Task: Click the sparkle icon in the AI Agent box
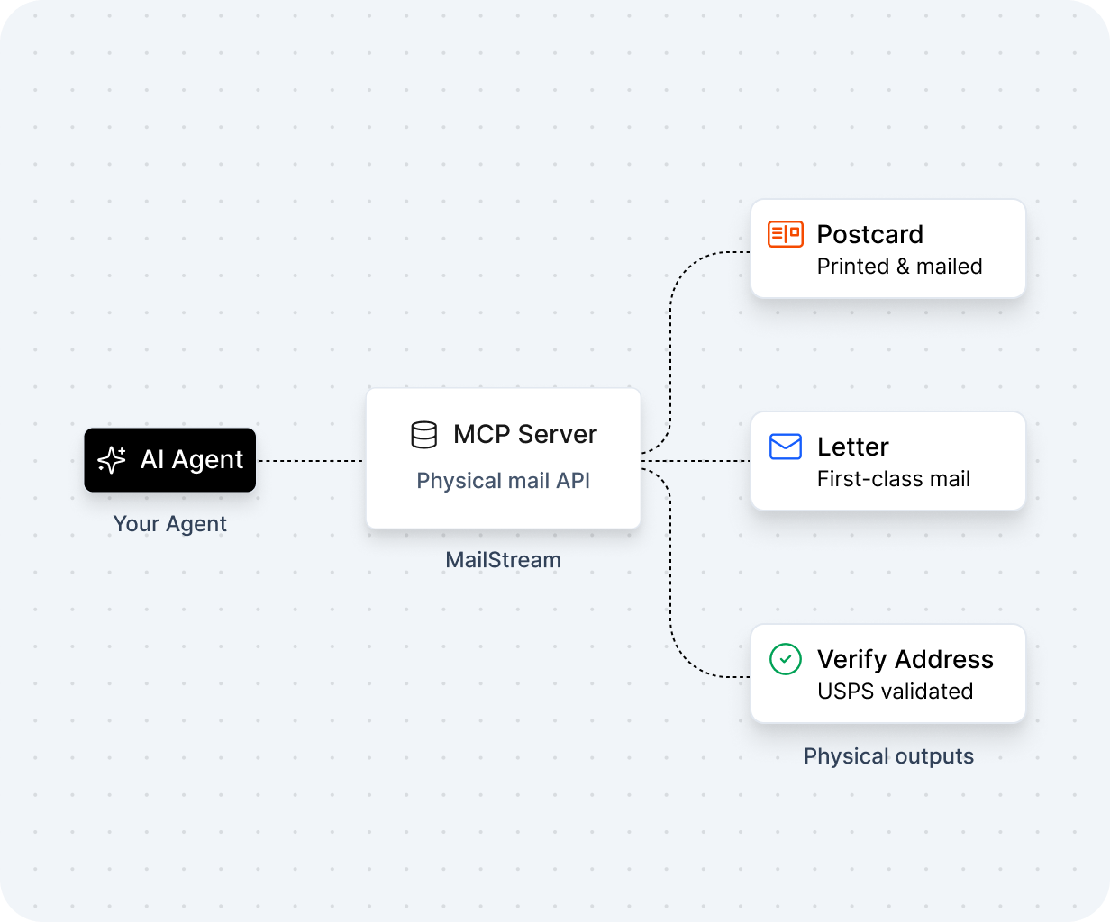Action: [x=112, y=460]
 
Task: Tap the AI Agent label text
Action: [x=191, y=460]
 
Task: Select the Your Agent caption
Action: [x=169, y=524]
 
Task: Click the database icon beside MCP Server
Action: [x=424, y=435]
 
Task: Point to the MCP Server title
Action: [x=525, y=434]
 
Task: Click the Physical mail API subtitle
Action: [x=503, y=481]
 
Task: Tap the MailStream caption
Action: [x=503, y=560]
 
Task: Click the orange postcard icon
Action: [x=785, y=234]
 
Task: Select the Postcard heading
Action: [x=870, y=234]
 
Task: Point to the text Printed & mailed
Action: [x=899, y=267]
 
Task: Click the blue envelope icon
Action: [x=785, y=447]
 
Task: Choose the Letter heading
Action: [x=852, y=447]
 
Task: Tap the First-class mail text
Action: [x=894, y=479]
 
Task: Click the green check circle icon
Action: [x=785, y=659]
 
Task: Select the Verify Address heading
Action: [x=905, y=659]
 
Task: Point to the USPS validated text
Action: [x=896, y=691]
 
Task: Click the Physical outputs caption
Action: [x=888, y=756]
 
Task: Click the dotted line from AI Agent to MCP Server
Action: [x=311, y=461]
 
